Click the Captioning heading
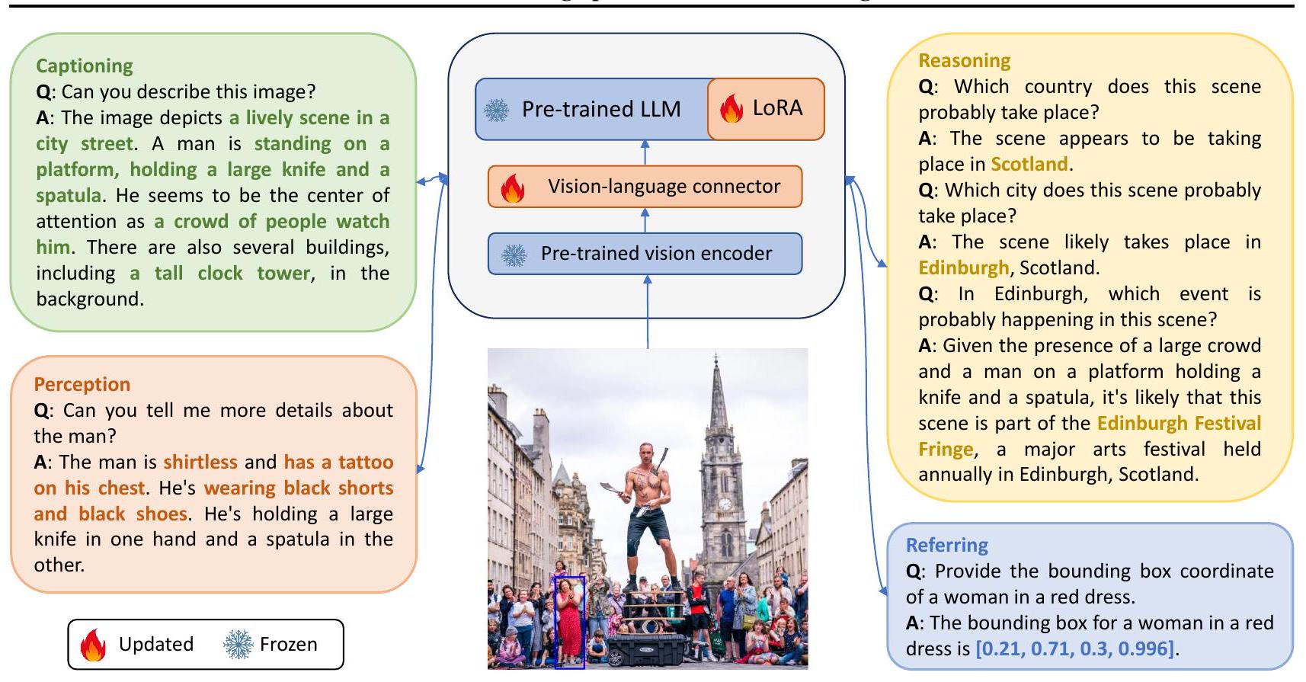pyautogui.click(x=85, y=66)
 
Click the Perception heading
pyautogui.click(x=82, y=384)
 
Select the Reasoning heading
pyautogui.click(x=964, y=61)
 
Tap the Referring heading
pyautogui.click(x=946, y=545)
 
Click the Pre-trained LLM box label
pyautogui.click(x=600, y=110)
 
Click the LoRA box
pyautogui.click(x=766, y=109)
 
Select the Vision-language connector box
pyautogui.click(x=645, y=187)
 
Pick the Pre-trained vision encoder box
pyautogui.click(x=645, y=254)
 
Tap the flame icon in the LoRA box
pyautogui.click(x=731, y=110)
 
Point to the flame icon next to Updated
pyautogui.click(x=93, y=645)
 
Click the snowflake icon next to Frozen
pyautogui.click(x=238, y=645)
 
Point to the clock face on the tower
pyautogui.click(x=725, y=504)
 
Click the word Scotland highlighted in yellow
pyautogui.click(x=1029, y=165)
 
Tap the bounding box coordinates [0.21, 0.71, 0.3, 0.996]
pyautogui.click(x=1075, y=649)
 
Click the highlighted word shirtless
pyautogui.click(x=200, y=463)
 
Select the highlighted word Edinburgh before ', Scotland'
pyautogui.click(x=963, y=268)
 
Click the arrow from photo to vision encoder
pyautogui.click(x=648, y=312)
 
